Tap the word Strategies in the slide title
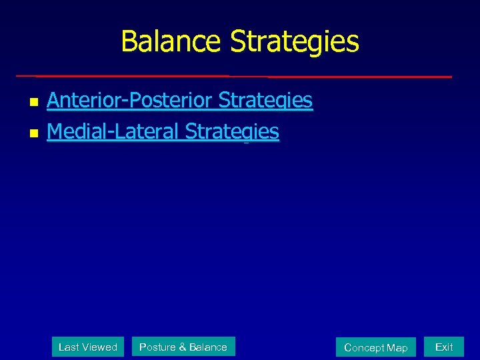(295, 41)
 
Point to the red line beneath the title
(233, 76)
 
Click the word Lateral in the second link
(147, 132)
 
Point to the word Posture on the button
(157, 347)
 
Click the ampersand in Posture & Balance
(182, 347)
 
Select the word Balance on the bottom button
(207, 347)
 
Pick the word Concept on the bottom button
(364, 348)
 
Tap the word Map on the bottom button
(397, 348)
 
